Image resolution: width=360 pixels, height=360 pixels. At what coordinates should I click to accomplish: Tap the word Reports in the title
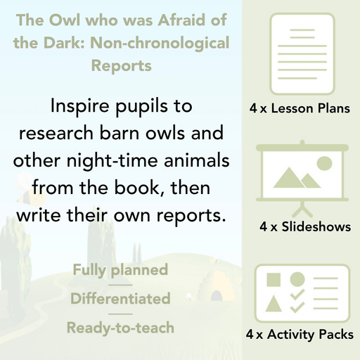[x=121, y=67]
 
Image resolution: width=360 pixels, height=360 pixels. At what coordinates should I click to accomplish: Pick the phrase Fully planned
[x=120, y=270]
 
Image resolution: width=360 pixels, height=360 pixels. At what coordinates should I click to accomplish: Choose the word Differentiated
[x=120, y=299]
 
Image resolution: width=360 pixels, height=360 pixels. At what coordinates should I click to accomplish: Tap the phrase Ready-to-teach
[x=120, y=328]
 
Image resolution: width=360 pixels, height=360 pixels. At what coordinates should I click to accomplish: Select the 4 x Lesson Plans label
[x=300, y=110]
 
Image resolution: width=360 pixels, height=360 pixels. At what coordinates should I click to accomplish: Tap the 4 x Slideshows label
[x=304, y=227]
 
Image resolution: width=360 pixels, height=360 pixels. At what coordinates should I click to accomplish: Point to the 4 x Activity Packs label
[x=300, y=335]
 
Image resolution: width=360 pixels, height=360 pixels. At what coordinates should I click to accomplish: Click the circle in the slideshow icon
[x=324, y=163]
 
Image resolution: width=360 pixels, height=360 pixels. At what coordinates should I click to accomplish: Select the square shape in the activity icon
[x=274, y=279]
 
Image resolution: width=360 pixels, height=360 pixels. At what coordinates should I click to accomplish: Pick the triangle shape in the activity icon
[x=274, y=304]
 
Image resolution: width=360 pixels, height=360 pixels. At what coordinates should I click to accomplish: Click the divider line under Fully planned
[x=120, y=285]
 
